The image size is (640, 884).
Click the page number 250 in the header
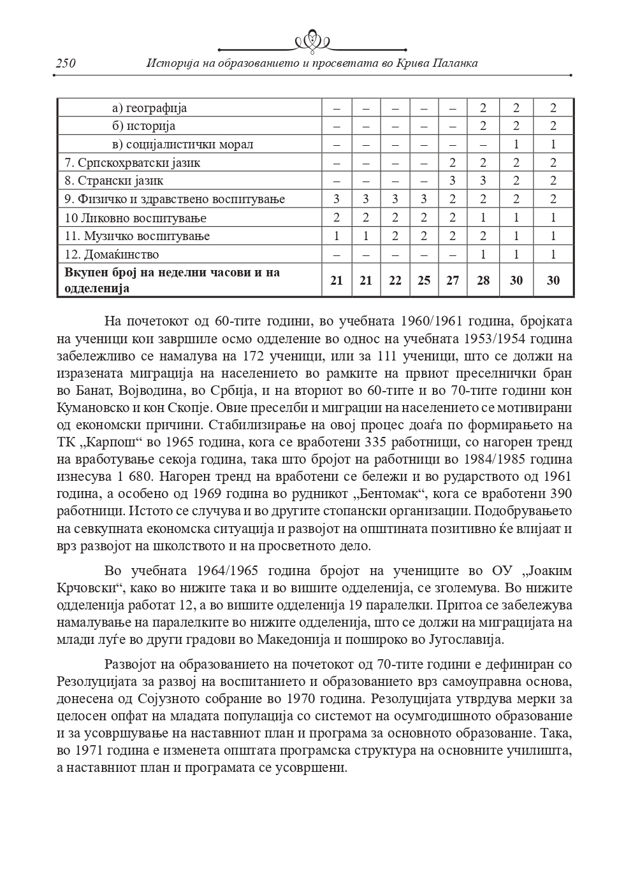coord(66,63)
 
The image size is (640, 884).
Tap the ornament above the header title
coord(312,42)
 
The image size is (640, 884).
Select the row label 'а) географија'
coord(149,108)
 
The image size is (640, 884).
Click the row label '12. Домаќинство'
coord(112,254)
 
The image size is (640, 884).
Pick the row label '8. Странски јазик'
coord(114,181)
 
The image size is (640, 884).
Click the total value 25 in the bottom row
coord(424,280)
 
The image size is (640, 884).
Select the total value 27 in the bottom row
coord(453,280)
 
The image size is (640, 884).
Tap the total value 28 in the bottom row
coord(483,280)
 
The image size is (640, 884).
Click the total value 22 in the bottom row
coord(395,280)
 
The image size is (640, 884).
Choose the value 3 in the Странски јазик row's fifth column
coord(453,181)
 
